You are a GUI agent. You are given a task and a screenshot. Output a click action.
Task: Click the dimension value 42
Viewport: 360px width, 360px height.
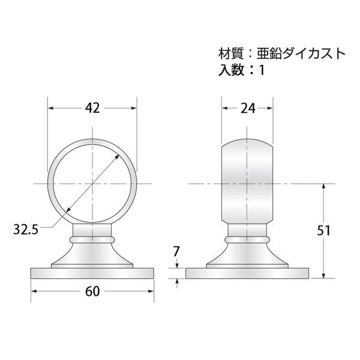point(92,108)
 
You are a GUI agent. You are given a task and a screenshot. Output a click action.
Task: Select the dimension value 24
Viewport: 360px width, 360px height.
point(248,109)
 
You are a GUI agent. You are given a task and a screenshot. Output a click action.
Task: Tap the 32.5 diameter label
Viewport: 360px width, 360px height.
point(25,229)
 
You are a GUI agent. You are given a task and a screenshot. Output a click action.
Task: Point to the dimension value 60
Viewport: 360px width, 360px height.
point(92,292)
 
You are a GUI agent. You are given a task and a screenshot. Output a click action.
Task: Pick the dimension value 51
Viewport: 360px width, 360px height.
point(323,230)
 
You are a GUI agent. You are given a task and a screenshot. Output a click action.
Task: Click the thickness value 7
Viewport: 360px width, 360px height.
point(176,251)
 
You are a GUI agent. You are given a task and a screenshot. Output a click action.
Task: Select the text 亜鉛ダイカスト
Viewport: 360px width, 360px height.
point(301,54)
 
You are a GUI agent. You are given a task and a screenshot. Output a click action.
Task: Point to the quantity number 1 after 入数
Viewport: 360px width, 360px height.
point(262,70)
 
